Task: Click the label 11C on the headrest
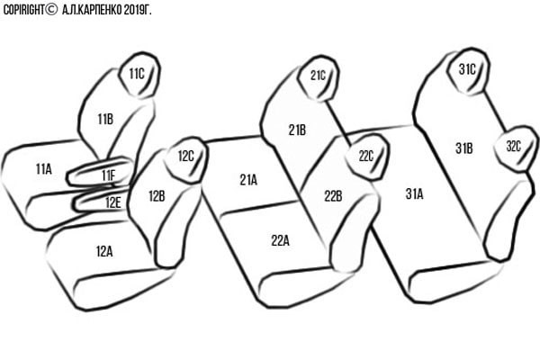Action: pyautogui.click(x=137, y=74)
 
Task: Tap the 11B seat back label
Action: pyautogui.click(x=105, y=119)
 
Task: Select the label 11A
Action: pyautogui.click(x=44, y=169)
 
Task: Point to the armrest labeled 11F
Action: pyautogui.click(x=100, y=172)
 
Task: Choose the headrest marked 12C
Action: pyautogui.click(x=186, y=159)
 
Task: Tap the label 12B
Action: pyautogui.click(x=157, y=196)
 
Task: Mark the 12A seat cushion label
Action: pyautogui.click(x=104, y=251)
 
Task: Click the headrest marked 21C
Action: pyautogui.click(x=319, y=78)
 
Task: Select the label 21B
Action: pyautogui.click(x=297, y=130)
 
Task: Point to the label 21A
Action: pyautogui.click(x=248, y=180)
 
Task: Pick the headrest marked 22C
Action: pyautogui.click(x=366, y=157)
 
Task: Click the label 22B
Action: pyautogui.click(x=333, y=196)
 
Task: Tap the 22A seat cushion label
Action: pyautogui.click(x=280, y=240)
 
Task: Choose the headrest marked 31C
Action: pyautogui.click(x=468, y=71)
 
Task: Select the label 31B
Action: pyautogui.click(x=464, y=148)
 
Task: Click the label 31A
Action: pyautogui.click(x=414, y=194)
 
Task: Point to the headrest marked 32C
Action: pyautogui.click(x=514, y=148)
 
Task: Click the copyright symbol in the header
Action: pyautogui.click(x=50, y=10)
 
